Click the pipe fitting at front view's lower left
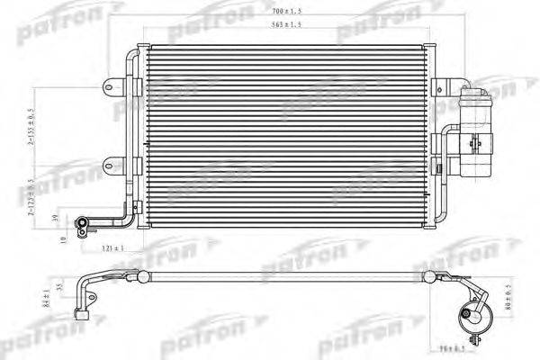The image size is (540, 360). (x=83, y=222)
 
